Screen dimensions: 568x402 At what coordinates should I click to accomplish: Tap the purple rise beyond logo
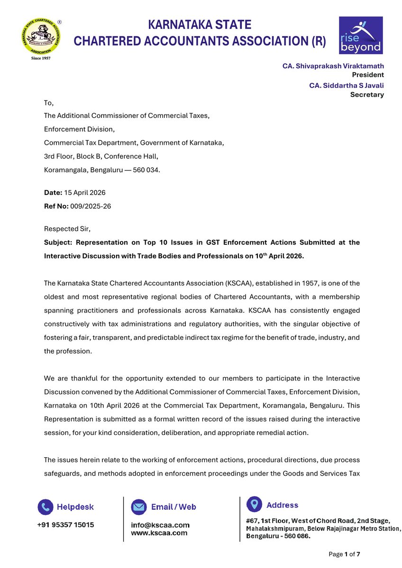[360, 35]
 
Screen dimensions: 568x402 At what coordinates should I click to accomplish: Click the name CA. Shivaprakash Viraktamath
[333, 66]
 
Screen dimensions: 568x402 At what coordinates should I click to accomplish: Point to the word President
[367, 75]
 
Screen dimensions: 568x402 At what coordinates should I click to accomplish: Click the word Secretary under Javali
[366, 95]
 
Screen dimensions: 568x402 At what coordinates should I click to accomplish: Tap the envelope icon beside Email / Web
[139, 507]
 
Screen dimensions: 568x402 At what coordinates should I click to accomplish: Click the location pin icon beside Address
[255, 505]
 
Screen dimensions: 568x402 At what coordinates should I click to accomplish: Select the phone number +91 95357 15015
[65, 525]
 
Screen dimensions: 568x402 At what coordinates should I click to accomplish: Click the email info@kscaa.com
[160, 525]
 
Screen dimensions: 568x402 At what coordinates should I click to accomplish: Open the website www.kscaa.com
[159, 533]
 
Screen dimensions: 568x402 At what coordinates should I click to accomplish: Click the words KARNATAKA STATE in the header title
[200, 25]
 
